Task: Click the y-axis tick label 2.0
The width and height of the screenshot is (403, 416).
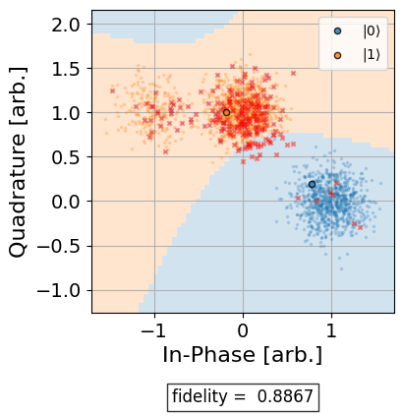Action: pos(67,24)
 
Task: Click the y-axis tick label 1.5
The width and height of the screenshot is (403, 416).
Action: pos(67,68)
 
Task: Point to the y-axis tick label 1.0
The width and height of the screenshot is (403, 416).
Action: pos(67,112)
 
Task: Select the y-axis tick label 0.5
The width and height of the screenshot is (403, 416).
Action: pos(67,156)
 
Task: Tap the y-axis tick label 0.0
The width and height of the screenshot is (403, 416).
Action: pos(67,201)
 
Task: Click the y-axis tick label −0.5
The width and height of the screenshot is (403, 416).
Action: pos(61,246)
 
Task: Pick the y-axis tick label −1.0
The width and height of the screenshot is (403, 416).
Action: pos(61,290)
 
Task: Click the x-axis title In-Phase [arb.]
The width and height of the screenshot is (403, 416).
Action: pos(243,353)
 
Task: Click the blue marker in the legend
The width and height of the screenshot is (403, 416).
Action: pos(337,31)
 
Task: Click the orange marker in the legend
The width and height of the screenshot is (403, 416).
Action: pos(337,55)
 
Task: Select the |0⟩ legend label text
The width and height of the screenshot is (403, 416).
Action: pos(372,31)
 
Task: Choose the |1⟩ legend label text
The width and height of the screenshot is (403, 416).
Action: pos(372,55)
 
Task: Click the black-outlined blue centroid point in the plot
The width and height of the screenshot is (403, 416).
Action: pos(312,184)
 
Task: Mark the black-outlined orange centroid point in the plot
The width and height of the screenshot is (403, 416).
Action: pos(226,112)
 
